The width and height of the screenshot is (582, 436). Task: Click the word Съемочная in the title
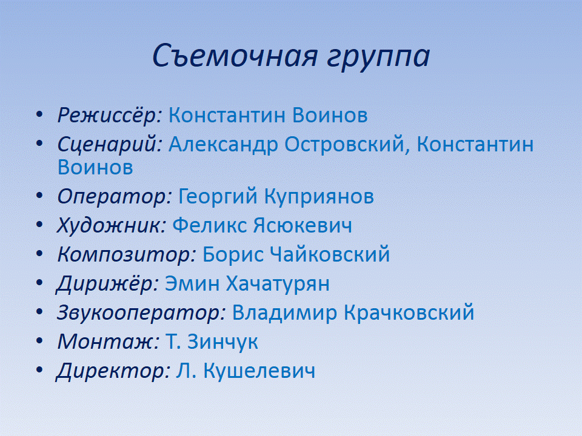235,56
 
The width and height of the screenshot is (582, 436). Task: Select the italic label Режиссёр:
110,115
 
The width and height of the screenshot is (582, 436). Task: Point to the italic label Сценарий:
110,144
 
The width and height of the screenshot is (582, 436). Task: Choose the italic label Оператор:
115,196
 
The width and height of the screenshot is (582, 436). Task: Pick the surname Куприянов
319,196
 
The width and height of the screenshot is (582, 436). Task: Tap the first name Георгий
218,196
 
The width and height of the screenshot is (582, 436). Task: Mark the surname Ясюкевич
303,225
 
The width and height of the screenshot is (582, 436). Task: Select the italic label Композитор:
127,255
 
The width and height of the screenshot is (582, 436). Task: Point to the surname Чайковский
330,254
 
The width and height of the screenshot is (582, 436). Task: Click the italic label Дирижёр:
108,283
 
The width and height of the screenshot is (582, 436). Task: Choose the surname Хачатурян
278,284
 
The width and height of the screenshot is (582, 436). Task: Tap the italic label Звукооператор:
141,312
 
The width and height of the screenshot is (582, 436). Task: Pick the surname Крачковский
409,312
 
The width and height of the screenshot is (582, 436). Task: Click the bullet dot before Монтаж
39,341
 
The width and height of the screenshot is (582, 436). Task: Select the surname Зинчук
222,342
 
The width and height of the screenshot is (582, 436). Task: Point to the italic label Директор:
113,371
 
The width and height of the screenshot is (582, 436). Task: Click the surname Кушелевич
259,371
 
